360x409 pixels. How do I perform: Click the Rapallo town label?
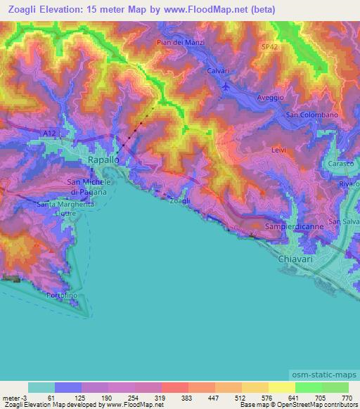coord(103,160)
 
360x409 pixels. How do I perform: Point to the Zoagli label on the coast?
coord(179,202)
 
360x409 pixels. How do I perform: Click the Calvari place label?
coord(220,72)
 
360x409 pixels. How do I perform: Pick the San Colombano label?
coord(313,115)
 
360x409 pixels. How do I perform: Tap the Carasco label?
coord(341,164)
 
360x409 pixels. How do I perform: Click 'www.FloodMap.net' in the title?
coord(219,10)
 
